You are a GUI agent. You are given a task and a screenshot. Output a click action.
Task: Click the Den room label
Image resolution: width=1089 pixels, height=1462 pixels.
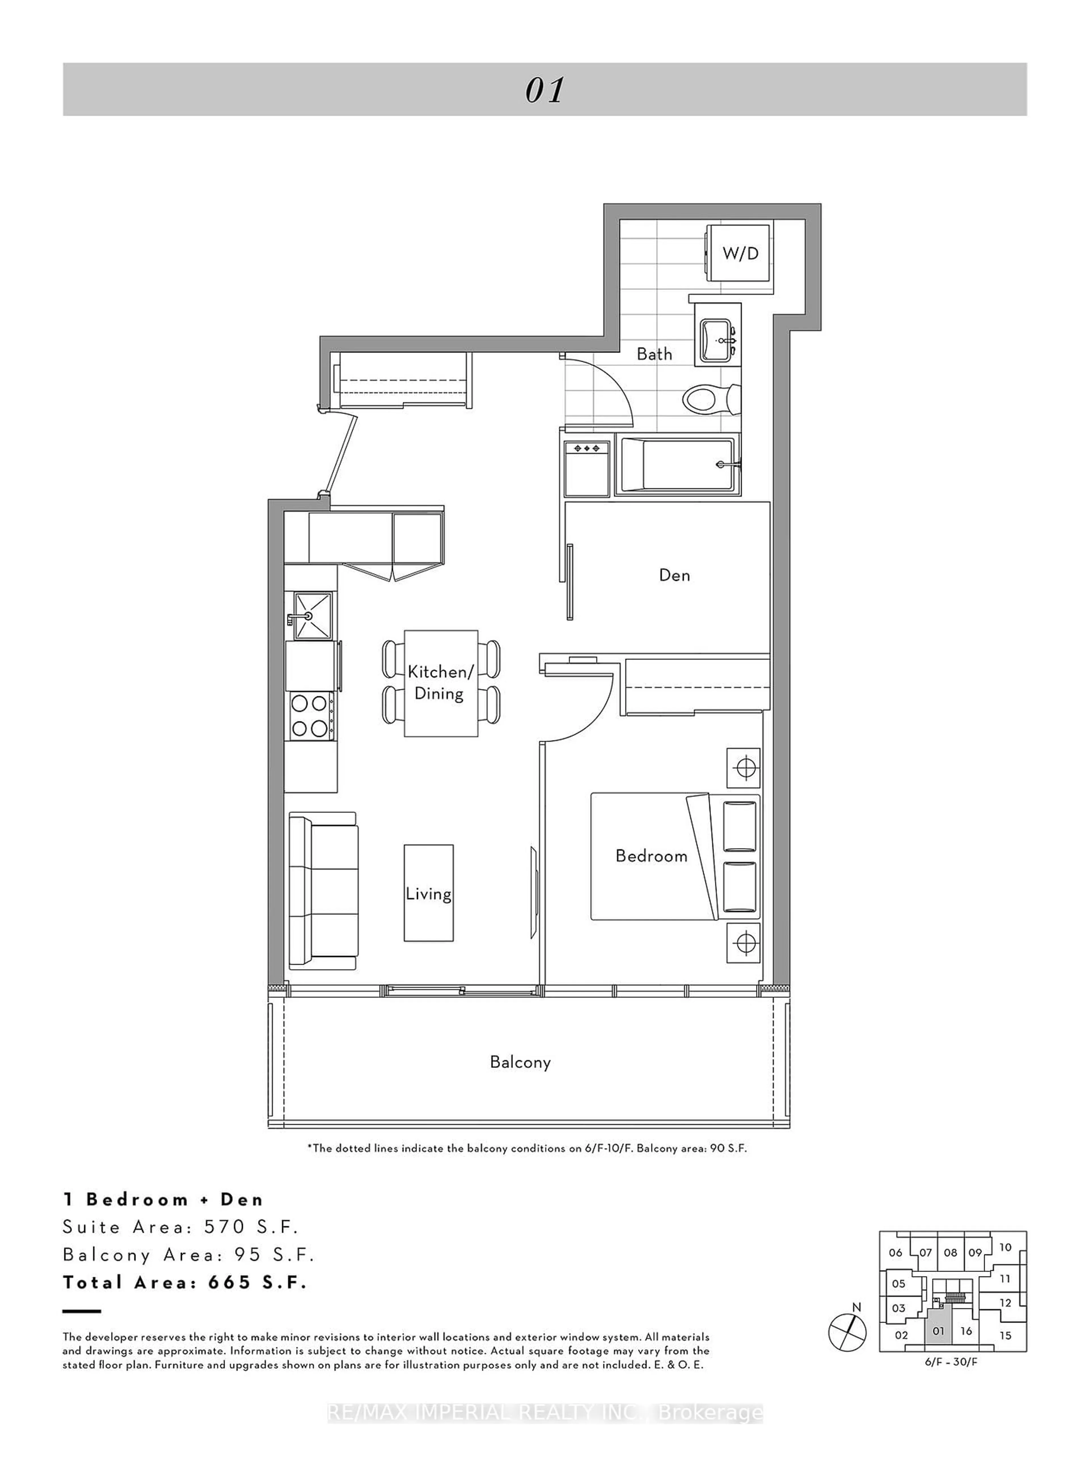[674, 575]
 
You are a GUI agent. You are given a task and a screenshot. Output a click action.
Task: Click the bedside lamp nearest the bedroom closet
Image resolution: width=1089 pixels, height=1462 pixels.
[744, 768]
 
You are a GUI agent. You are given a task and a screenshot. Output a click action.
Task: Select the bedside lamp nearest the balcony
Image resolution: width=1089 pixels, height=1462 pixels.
[744, 943]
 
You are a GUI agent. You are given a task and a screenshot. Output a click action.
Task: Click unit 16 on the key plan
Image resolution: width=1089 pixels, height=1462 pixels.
[966, 1331]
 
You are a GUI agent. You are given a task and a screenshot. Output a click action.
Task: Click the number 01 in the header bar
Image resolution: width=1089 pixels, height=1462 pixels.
[544, 90]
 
